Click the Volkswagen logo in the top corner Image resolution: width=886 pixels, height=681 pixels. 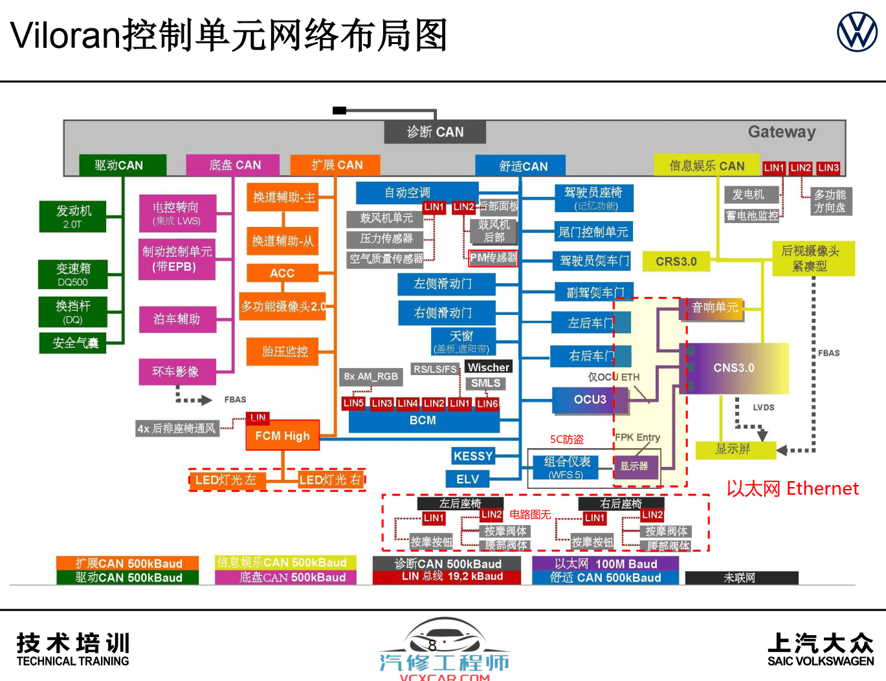coord(857,32)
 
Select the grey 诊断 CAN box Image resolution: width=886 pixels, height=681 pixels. coord(435,132)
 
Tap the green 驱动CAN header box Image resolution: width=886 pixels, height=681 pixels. coord(122,165)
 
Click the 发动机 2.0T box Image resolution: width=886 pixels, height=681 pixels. coord(72,217)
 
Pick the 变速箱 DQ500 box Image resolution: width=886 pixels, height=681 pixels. coord(72,274)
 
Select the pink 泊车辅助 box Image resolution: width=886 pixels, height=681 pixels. coord(177,319)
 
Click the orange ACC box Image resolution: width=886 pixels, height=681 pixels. coord(282,273)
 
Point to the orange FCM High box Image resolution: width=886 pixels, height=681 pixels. coord(282,437)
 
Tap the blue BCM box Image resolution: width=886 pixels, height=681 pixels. coord(423,421)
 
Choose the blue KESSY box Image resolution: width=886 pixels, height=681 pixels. coord(472,456)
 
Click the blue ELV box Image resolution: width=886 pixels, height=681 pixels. coord(467,479)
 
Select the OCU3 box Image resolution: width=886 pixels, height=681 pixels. coord(590,400)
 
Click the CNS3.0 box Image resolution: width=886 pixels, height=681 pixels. coord(734,368)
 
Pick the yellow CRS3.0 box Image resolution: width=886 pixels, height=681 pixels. coord(676,261)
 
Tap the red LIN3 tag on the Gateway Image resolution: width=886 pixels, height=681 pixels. coord(828,168)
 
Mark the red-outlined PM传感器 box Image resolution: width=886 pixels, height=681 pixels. coord(493,258)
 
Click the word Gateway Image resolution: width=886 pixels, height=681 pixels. coord(781,132)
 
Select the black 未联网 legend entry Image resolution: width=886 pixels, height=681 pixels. coord(740,578)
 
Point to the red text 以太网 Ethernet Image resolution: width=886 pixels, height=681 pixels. coord(792,488)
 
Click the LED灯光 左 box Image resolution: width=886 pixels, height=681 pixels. coord(226,480)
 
